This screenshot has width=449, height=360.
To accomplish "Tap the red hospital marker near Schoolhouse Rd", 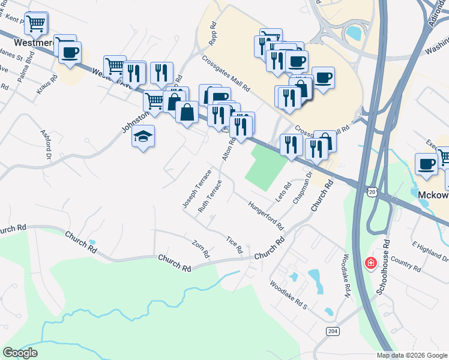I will (371, 263).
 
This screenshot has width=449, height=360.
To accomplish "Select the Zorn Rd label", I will (200, 249).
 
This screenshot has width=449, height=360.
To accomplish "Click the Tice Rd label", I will (234, 244).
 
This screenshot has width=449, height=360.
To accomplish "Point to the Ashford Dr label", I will (46, 145).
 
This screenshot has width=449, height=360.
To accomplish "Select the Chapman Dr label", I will (303, 188).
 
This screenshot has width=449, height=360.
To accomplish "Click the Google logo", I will (20, 353).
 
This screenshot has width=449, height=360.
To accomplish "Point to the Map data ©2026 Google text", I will (411, 355).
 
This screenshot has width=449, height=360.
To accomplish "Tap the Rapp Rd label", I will (213, 33).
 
